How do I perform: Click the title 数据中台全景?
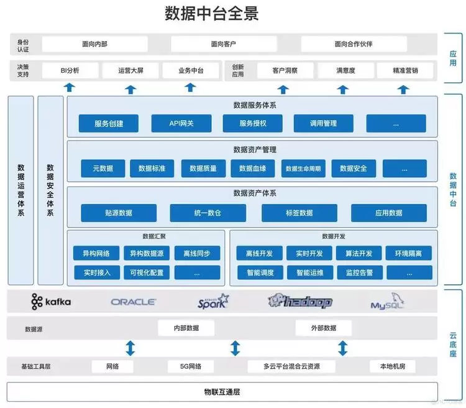click(x=212, y=14)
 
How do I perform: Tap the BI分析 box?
click(x=70, y=71)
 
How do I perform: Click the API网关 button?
click(x=181, y=123)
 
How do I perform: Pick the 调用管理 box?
click(x=323, y=123)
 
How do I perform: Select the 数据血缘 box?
click(x=253, y=168)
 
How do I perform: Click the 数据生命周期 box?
click(x=303, y=168)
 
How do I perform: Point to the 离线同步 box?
click(x=197, y=253)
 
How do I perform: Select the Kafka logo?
click(x=51, y=302)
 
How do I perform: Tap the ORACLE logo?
click(x=134, y=302)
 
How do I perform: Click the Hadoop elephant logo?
click(x=301, y=302)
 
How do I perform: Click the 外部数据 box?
click(x=323, y=328)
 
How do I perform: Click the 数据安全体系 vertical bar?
click(x=50, y=190)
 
